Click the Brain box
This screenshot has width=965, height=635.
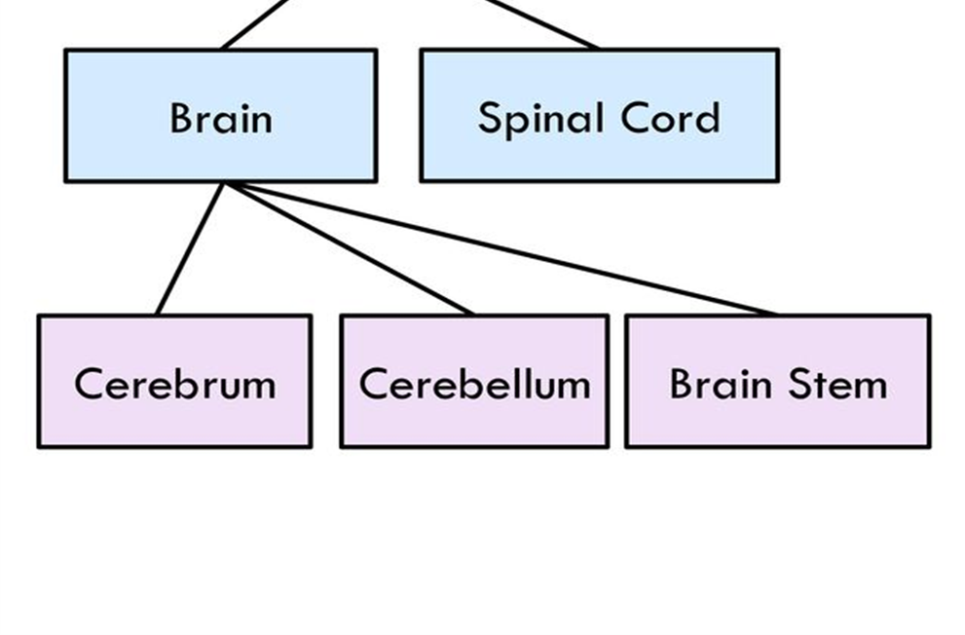point(221,116)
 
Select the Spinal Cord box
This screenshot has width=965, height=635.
point(600,116)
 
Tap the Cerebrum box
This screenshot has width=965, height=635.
point(174,382)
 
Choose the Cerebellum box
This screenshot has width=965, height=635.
point(474,382)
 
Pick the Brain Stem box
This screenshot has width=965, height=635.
point(778,382)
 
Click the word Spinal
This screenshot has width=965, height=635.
point(533,120)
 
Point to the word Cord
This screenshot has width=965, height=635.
point(670,117)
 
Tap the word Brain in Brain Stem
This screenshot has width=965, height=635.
point(721,384)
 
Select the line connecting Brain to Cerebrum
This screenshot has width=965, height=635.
point(190,249)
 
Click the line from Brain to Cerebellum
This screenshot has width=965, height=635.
point(350,249)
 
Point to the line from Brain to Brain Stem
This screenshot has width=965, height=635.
point(501,249)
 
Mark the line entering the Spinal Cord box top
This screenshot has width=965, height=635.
point(541,24)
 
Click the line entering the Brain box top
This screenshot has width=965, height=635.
point(255,24)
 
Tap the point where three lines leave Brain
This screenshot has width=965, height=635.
point(226,183)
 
